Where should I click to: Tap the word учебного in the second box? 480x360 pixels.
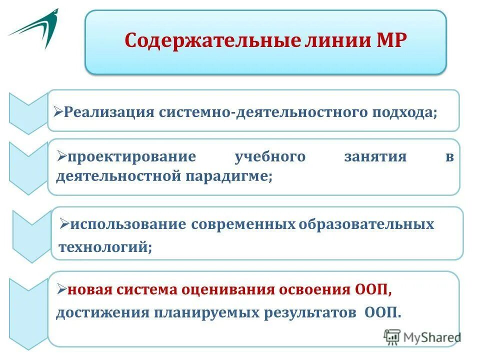(x=270, y=157)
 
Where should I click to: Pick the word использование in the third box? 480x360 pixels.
(x=128, y=224)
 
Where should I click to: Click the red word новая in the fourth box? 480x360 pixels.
(x=89, y=289)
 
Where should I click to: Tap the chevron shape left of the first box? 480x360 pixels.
(x=27, y=112)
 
